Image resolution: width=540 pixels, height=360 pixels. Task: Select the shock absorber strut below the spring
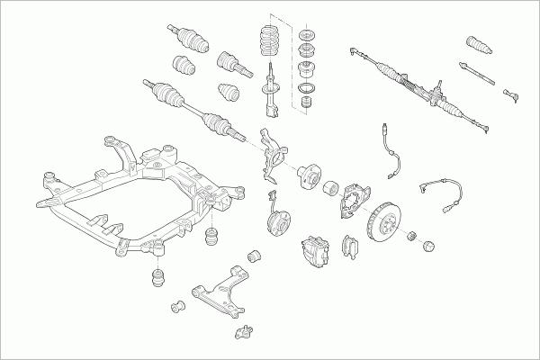point(269,94)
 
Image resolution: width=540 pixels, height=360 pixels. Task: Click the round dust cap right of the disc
point(427,244)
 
